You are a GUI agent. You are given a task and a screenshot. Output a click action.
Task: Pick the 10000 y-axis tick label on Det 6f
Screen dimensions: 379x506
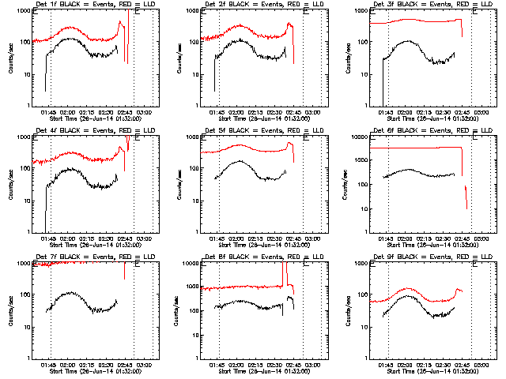click(357, 137)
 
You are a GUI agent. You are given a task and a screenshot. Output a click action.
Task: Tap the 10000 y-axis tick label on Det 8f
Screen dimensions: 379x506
click(188, 264)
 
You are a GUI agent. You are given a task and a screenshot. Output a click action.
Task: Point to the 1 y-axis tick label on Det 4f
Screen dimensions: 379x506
click(28, 232)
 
